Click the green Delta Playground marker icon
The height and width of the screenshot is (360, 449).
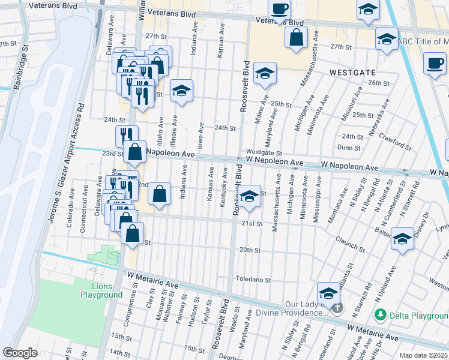click(380, 314)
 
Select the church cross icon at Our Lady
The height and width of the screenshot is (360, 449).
click(337, 308)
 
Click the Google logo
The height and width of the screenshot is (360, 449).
click(20, 353)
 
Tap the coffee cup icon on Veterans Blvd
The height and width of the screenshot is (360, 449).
click(279, 10)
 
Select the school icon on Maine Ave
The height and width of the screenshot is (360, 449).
click(264, 74)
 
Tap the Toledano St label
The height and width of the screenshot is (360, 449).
click(253, 280)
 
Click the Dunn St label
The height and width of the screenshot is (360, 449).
click(349, 147)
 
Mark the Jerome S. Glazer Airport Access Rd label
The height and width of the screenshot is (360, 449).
click(65, 174)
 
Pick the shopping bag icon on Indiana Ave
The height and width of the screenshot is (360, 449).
click(158, 194)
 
